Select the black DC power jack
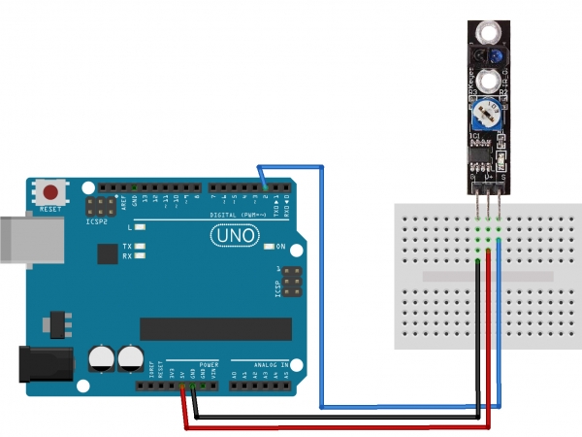[38, 365]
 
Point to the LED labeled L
[142, 226]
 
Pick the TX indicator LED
[142, 247]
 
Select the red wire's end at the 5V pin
[183, 387]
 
